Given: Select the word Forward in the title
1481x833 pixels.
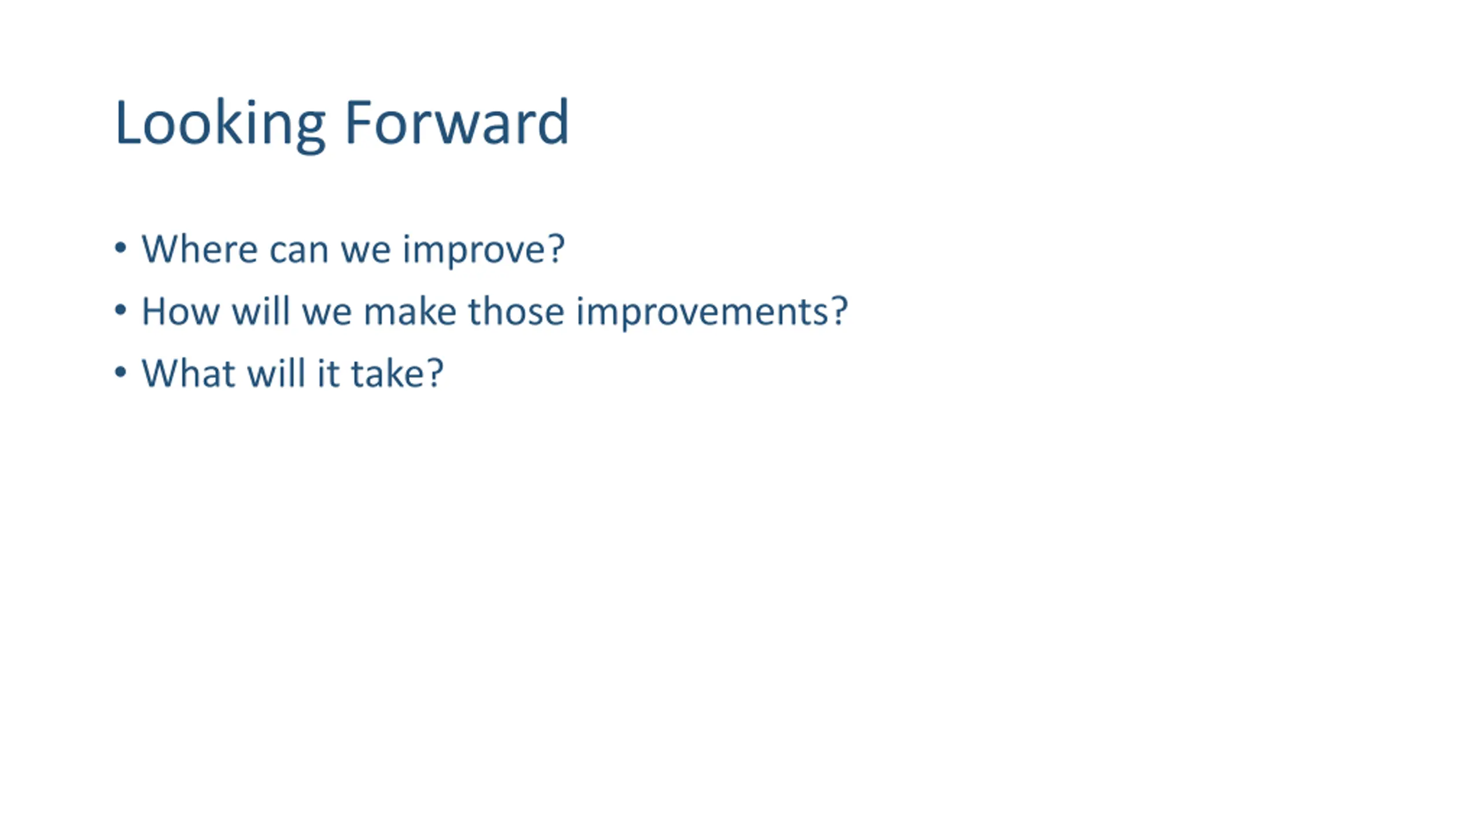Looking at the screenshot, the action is [457, 122].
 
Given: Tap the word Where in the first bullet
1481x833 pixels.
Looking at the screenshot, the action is [200, 249].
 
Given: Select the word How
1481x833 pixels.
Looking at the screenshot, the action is [180, 312].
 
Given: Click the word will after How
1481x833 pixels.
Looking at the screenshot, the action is [260, 311].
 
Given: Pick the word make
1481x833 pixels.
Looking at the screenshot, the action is [410, 311].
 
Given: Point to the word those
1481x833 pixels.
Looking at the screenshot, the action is [515, 311].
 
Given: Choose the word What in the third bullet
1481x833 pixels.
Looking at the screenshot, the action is [188, 374].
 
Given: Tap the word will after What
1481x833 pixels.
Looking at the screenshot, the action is [276, 373].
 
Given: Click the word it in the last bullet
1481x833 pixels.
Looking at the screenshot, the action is [328, 374].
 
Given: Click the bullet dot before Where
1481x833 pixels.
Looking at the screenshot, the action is [120, 248].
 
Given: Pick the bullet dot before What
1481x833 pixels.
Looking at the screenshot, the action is [120, 372].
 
